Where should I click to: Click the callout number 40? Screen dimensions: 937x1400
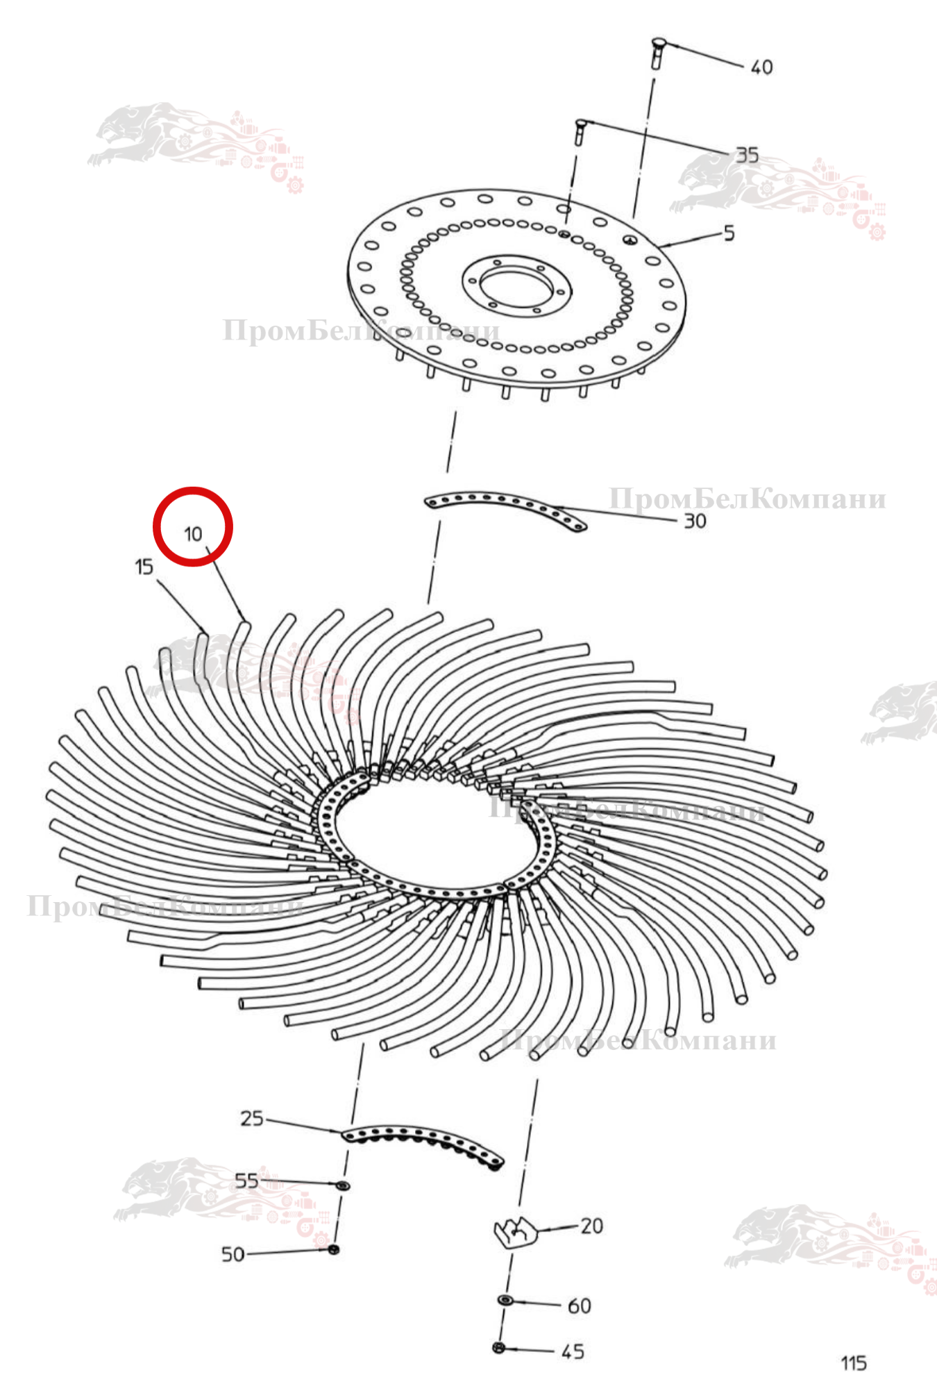click(761, 67)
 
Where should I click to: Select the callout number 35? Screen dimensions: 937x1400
click(747, 155)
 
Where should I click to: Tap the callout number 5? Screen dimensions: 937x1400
click(729, 233)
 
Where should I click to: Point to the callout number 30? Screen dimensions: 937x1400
click(695, 521)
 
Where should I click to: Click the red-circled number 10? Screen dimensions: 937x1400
click(193, 534)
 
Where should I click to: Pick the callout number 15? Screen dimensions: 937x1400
click(144, 567)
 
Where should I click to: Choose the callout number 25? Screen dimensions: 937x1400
click(252, 1118)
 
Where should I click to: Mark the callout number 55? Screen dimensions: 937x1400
click(246, 1181)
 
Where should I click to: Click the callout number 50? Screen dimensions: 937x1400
click(233, 1254)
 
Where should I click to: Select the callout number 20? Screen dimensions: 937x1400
click(591, 1226)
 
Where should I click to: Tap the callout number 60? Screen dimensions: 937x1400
click(579, 1306)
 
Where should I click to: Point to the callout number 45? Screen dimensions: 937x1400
click(573, 1351)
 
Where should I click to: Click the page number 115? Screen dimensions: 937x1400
click(854, 1363)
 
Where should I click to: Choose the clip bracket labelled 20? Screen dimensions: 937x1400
click(516, 1233)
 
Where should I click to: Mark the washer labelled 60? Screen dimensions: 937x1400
click(505, 1299)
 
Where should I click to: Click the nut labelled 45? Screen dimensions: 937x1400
click(498, 1348)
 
